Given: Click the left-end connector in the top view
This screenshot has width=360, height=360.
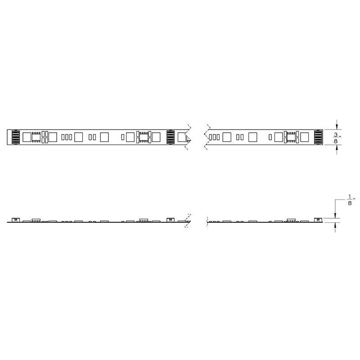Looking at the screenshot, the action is [16, 137].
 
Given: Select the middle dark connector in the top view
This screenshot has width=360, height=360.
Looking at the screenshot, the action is [171, 137].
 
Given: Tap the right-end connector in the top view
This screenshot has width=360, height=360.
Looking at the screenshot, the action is [318, 137].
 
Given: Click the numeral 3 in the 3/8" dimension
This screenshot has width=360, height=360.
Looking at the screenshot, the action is [336, 135].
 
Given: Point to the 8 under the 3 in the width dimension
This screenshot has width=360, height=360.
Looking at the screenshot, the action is [336, 141].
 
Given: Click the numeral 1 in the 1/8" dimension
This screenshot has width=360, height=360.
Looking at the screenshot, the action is [350, 197].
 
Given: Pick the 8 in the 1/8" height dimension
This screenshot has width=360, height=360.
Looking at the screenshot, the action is [350, 203].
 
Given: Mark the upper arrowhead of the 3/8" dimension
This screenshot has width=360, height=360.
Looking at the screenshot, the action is [337, 127].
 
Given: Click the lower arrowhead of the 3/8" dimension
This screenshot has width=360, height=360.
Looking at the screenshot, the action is [337, 148].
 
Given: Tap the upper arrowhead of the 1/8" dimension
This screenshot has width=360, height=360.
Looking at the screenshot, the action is [335, 215].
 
